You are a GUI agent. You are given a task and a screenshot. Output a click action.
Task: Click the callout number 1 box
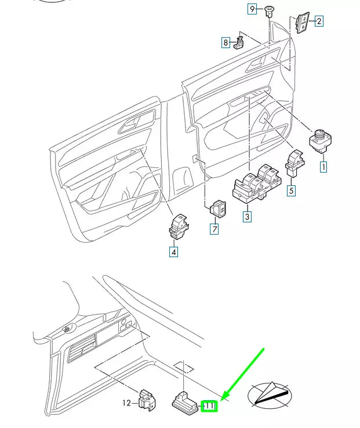coord(323,167)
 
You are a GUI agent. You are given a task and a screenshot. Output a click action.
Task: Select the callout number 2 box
coord(318,21)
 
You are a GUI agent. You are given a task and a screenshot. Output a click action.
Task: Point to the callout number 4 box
coord(173,251)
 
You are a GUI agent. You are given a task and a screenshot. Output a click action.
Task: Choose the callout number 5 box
coord(292,189)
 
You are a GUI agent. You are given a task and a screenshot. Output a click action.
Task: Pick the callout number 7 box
coord(214,229)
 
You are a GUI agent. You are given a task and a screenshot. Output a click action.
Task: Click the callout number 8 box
coord(226,42)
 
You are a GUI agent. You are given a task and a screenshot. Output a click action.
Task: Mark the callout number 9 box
coord(252,9)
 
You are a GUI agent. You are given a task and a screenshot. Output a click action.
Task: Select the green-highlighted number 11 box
coord(209,407)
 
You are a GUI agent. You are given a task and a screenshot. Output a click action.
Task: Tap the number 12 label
coord(127,403)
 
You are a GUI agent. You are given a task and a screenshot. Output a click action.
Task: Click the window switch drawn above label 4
coord(177,226)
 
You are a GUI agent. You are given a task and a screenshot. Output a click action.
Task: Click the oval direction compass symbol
coord(271,397)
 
